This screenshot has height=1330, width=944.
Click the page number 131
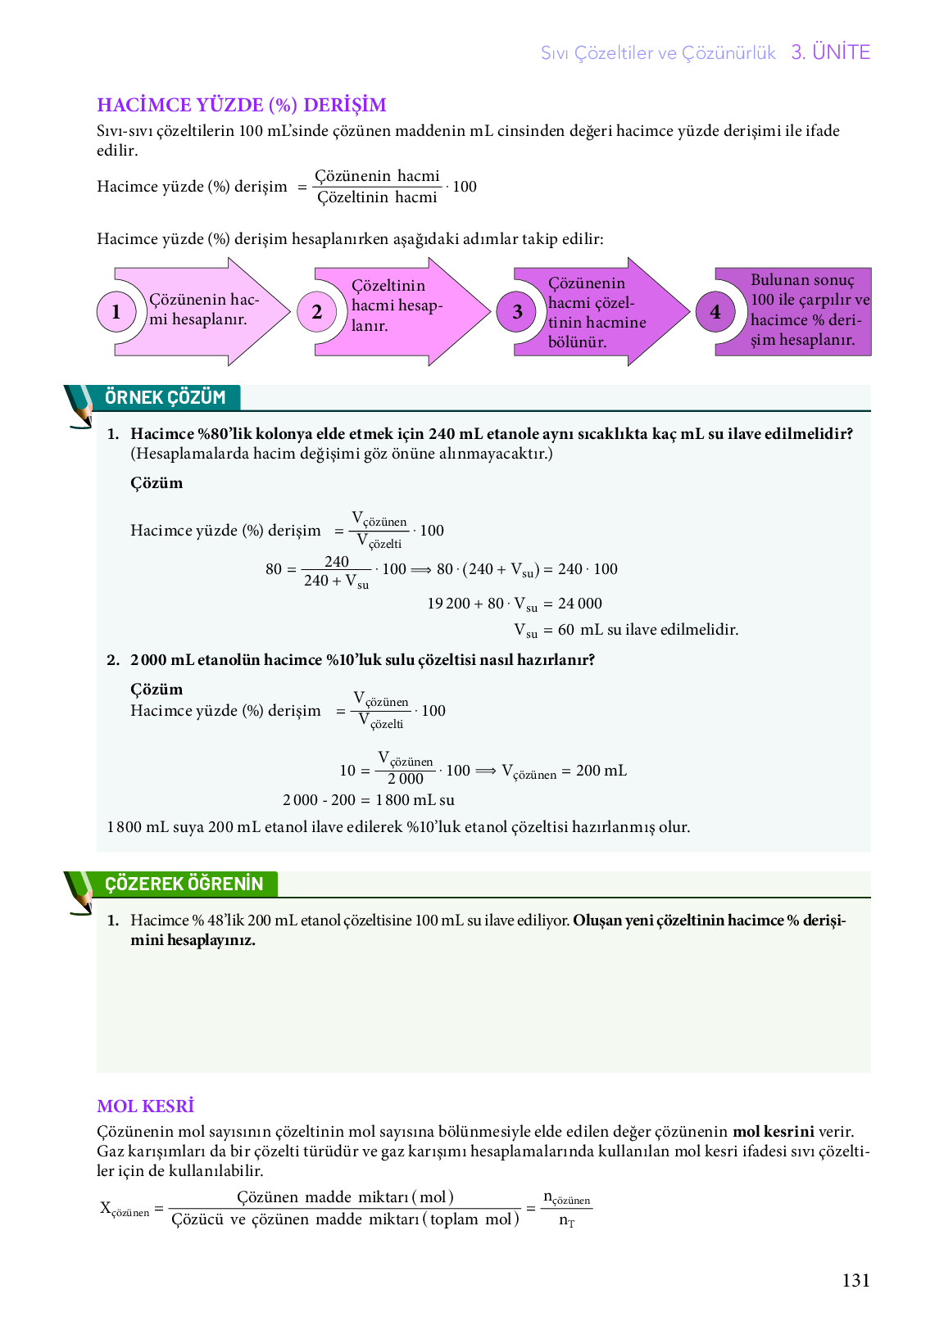855,1281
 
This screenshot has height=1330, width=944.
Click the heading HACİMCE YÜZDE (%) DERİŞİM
241,105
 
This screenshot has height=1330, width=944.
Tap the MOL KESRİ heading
145,1106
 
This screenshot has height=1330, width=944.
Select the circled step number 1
116,312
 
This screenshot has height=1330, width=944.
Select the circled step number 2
317,312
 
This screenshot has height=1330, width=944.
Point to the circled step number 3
517,312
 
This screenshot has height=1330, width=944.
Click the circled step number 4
715,312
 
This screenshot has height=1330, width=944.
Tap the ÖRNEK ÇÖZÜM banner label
165,398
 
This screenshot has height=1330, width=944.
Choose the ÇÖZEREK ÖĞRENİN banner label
184,884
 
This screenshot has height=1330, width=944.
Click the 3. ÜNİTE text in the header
830,52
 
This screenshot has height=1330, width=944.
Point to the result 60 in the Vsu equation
566,630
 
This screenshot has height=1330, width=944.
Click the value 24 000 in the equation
580,604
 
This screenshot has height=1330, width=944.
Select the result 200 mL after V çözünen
601,771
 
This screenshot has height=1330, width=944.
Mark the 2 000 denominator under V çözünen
406,779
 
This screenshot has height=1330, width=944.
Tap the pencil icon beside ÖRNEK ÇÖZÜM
79,406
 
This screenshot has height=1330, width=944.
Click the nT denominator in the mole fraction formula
566,1221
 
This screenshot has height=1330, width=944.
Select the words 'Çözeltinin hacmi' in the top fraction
377,197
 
